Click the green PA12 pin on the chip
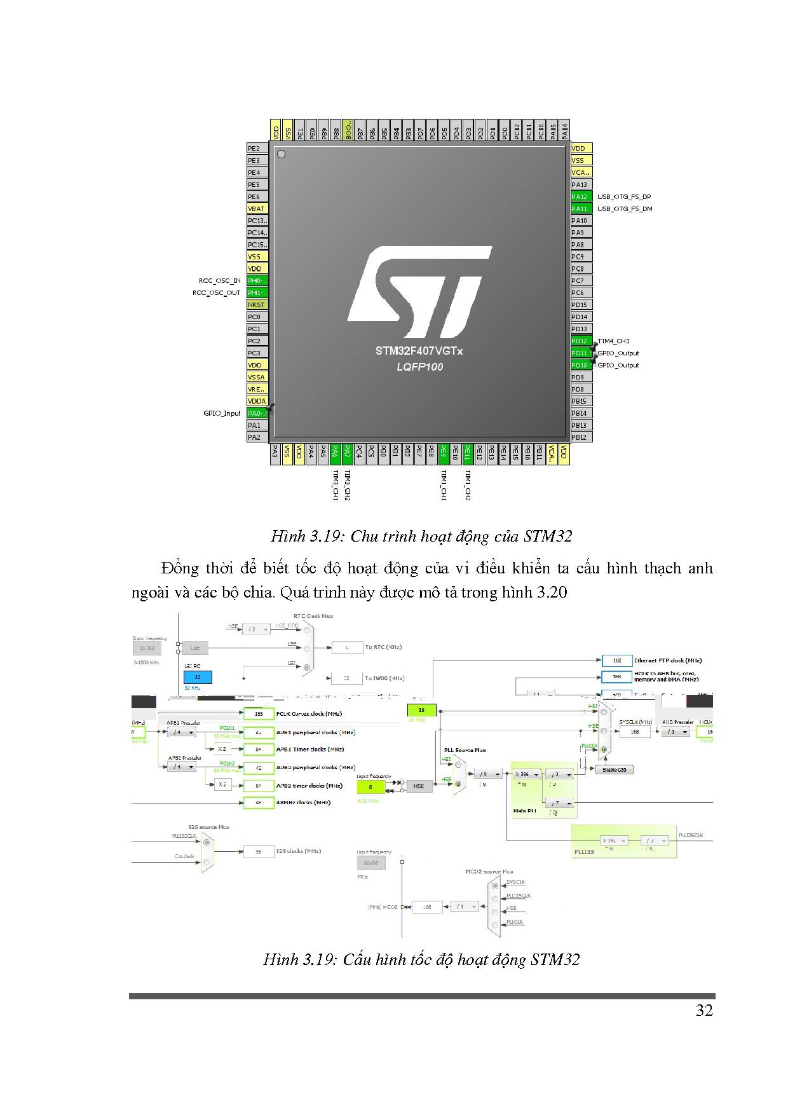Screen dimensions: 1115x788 point(581,197)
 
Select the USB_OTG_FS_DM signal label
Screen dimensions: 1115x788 point(625,209)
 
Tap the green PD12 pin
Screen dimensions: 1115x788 point(581,341)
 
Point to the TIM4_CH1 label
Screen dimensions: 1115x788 point(614,341)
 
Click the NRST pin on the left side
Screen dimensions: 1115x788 point(257,305)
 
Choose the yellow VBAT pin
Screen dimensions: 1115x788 point(257,209)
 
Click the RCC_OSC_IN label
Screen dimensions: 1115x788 point(220,281)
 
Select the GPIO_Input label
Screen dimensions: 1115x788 point(222,413)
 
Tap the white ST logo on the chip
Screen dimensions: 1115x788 point(419,291)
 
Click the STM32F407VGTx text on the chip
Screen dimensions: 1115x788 point(419,351)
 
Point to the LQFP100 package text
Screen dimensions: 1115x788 point(419,367)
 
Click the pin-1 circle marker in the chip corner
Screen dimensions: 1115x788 point(282,154)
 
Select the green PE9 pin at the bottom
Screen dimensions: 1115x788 point(444,453)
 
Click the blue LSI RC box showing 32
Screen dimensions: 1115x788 point(198,678)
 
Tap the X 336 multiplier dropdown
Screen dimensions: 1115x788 point(527,774)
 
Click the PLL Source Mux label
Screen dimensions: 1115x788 point(465,750)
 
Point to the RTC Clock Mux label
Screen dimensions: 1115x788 point(313,616)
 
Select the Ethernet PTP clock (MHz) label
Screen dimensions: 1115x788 point(668,660)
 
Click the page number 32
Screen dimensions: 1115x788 point(704,1011)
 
